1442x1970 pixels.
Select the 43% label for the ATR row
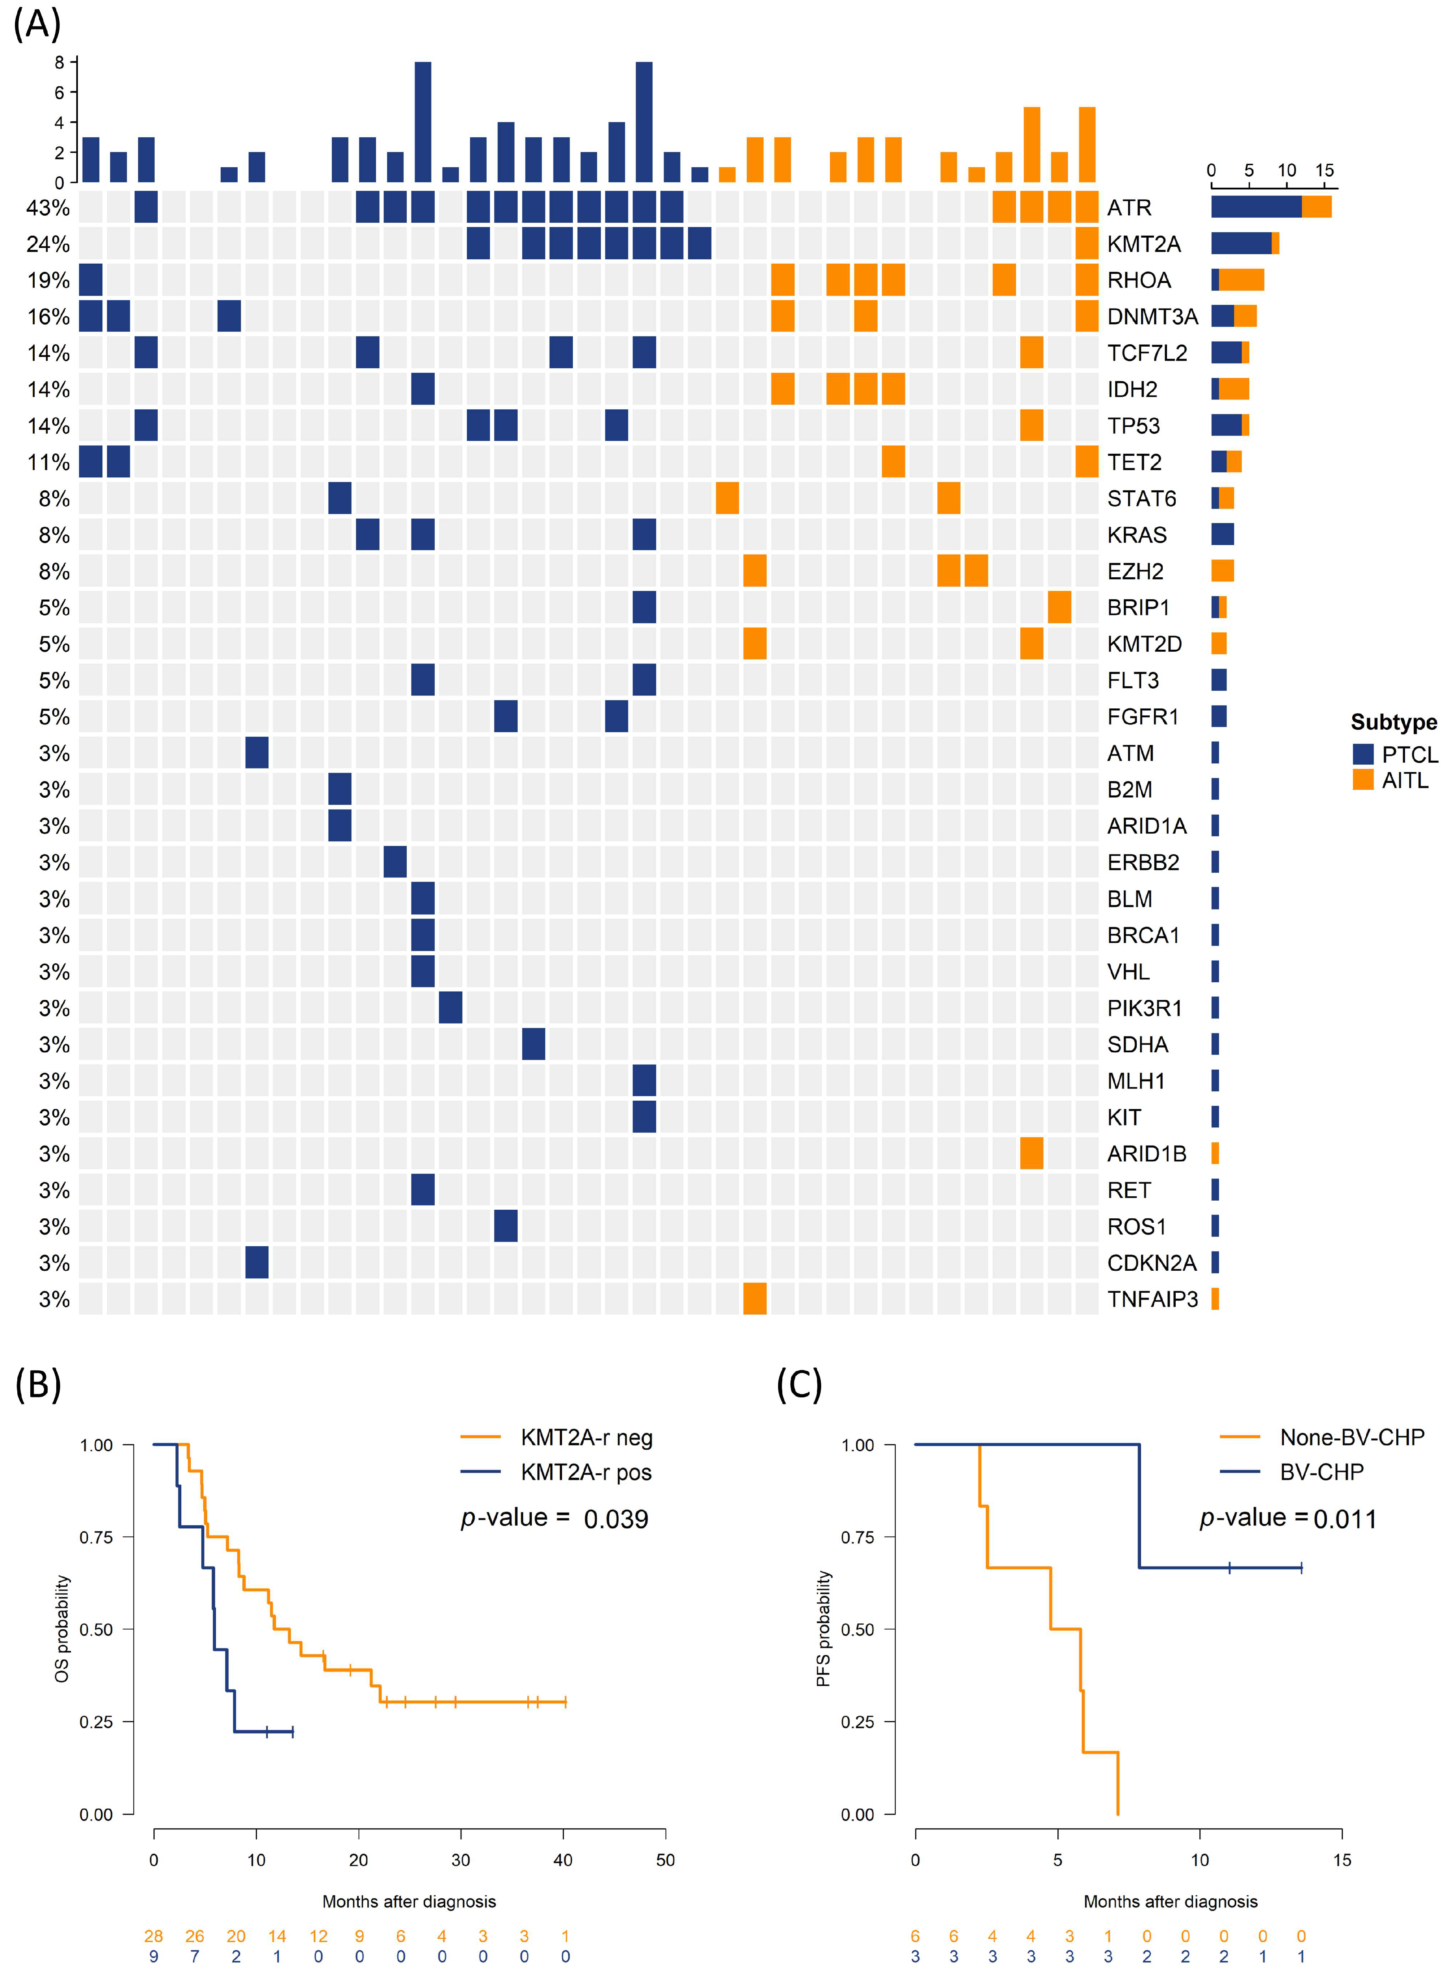48,208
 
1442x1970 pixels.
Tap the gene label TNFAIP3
1152,1299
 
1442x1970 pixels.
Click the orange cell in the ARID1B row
1031,1153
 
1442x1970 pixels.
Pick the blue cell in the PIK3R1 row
450,1008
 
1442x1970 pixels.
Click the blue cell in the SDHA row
533,1044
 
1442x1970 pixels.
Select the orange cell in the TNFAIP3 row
754,1299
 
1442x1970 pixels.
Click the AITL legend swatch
1363,780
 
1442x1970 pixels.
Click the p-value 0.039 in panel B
615,1519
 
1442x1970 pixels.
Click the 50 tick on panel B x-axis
665,1860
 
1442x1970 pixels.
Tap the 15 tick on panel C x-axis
1342,1860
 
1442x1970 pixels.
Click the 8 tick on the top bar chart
59,62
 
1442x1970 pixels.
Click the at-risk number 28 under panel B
154,1936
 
